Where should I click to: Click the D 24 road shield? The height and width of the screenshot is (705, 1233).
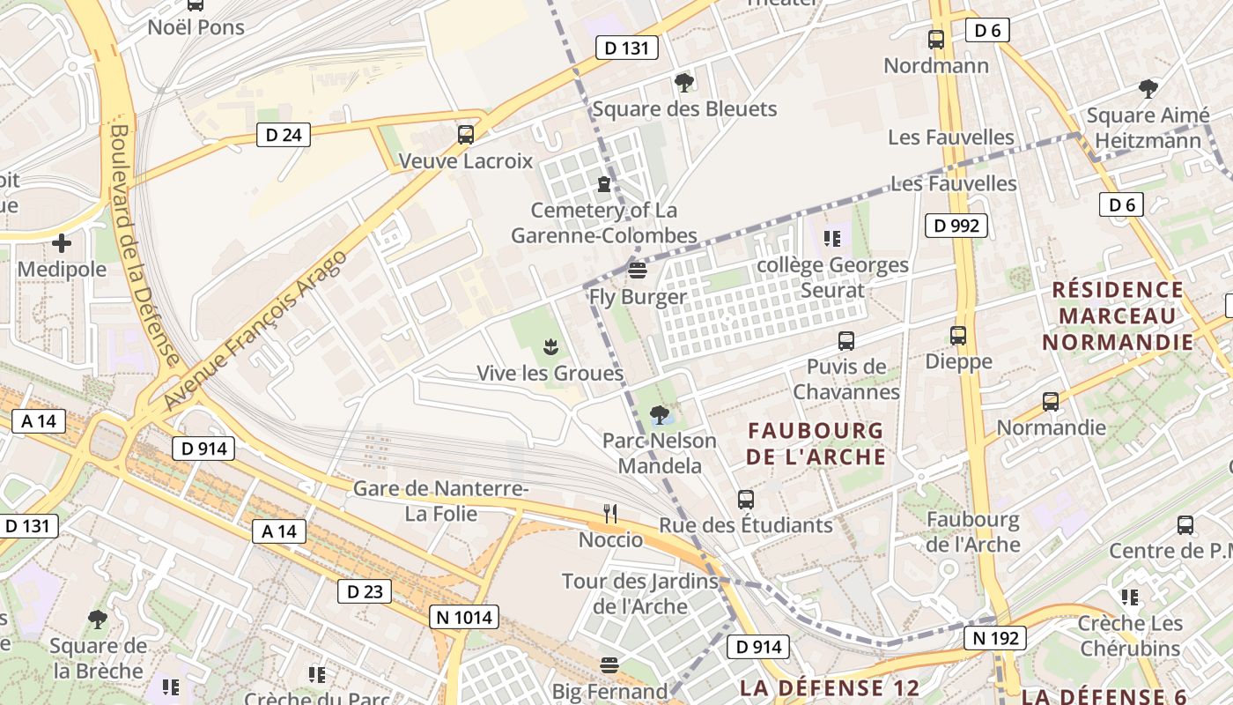(284, 135)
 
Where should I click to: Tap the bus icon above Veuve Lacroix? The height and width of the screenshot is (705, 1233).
(466, 135)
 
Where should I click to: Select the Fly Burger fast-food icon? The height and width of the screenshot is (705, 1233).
(638, 270)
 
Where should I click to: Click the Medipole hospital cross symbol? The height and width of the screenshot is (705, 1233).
(62, 242)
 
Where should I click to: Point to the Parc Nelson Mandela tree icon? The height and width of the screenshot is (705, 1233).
(659, 414)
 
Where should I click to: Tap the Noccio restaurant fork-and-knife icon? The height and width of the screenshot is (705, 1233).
(610, 514)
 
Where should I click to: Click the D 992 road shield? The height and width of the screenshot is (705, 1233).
(956, 226)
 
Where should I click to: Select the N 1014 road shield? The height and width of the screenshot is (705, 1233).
(464, 617)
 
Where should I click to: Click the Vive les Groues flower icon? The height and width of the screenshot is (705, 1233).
(550, 346)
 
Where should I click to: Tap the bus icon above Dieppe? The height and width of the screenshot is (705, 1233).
(958, 336)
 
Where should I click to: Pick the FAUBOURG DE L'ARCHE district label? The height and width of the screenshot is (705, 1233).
(816, 444)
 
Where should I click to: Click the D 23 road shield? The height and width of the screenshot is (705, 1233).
(365, 591)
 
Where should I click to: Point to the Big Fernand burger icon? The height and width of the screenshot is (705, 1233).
(609, 664)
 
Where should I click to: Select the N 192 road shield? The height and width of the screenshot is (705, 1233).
(995, 638)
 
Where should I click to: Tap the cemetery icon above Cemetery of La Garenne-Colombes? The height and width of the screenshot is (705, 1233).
(604, 184)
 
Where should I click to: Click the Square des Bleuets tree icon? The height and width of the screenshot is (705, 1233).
(683, 83)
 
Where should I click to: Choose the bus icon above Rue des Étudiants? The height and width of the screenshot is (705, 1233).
(746, 500)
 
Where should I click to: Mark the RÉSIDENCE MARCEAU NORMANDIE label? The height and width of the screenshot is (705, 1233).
(1118, 315)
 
